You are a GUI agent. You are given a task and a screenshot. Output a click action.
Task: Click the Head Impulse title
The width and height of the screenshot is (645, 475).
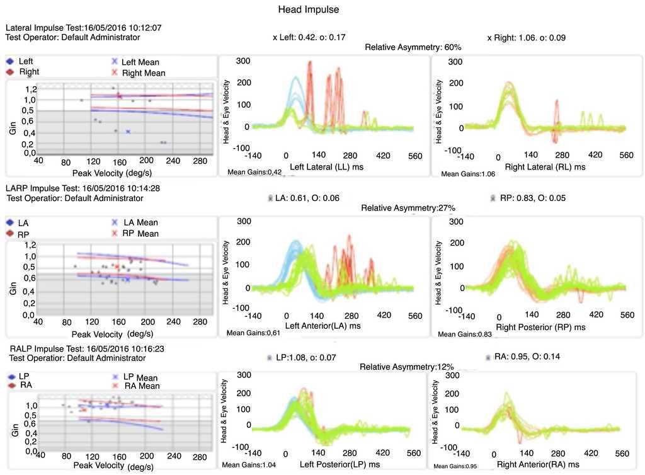point(309,11)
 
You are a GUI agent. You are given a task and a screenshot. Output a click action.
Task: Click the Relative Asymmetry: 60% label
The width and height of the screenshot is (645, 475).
point(413,47)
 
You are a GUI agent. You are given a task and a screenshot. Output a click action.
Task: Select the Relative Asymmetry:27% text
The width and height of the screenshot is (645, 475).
point(408,208)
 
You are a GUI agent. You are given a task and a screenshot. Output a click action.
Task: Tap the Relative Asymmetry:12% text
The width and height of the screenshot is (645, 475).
point(406,367)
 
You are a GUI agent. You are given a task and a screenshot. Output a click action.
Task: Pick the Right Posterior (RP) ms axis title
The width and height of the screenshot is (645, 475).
point(540,327)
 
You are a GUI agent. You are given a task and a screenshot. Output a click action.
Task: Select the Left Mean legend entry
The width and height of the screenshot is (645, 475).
point(140,62)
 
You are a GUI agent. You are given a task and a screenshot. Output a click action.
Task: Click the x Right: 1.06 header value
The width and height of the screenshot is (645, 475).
point(527,38)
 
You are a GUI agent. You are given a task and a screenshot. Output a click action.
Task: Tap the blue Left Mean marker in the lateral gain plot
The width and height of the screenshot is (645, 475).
point(128,131)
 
